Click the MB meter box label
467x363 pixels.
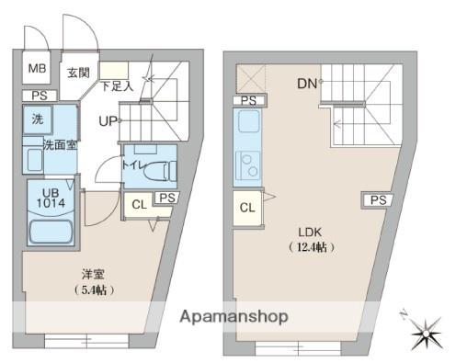[x=37, y=68]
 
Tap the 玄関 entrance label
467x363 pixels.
[x=78, y=73]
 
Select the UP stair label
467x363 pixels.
[x=108, y=121]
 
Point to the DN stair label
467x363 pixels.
[x=307, y=84]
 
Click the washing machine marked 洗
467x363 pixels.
[x=38, y=119]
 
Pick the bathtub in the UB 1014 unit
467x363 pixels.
[x=51, y=232]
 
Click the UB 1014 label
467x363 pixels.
[x=51, y=198]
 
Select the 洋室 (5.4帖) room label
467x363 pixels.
[x=94, y=282]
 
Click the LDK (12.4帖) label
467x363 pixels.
[x=311, y=240]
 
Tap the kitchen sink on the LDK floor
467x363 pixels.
[x=249, y=121]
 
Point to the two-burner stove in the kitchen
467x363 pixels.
[x=248, y=165]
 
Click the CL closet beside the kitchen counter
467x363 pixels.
[x=247, y=208]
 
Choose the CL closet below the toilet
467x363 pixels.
[x=140, y=204]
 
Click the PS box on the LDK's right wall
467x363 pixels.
[x=378, y=200]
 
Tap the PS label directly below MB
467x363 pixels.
[x=40, y=96]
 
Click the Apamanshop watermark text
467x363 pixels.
[x=233, y=316]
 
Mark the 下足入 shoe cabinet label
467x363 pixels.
[x=118, y=86]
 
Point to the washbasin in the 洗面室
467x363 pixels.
[x=34, y=160]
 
